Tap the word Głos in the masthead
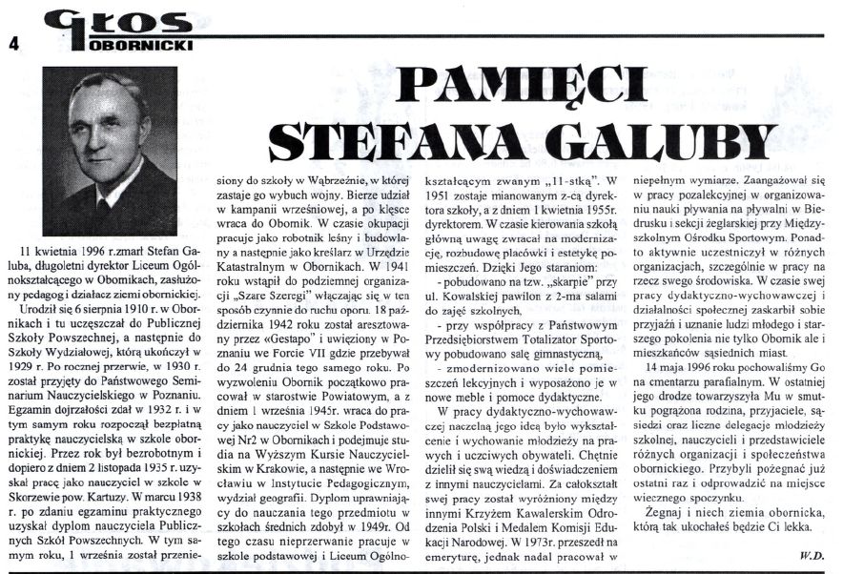(x=94, y=20)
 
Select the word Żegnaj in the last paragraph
(x=653, y=514)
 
